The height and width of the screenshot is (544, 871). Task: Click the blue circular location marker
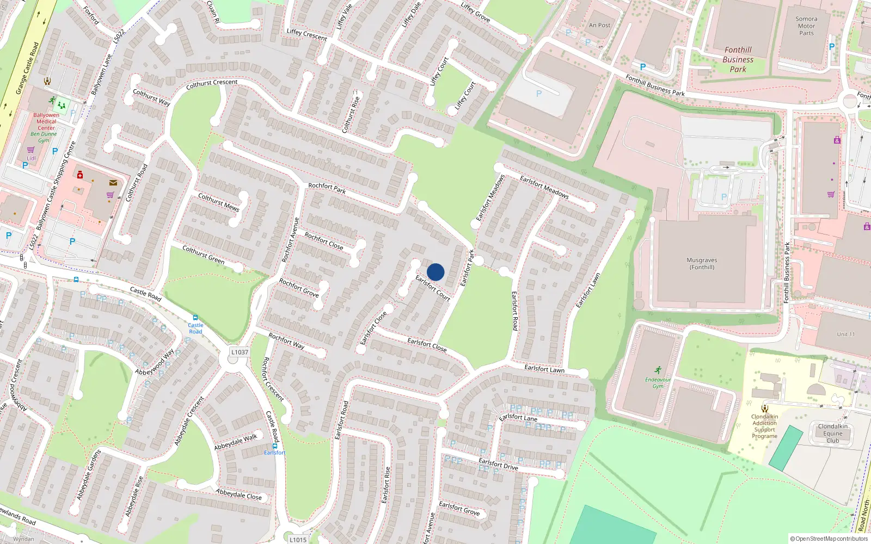pos(436,272)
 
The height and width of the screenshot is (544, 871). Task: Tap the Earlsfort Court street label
pos(433,288)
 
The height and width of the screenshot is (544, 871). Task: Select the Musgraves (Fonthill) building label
pos(702,264)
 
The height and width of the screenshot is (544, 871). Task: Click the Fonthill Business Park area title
pos(738,59)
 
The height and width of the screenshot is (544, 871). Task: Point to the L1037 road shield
pos(240,352)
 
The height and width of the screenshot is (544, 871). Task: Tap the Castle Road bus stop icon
pos(195,318)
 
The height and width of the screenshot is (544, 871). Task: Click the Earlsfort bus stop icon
pos(275,446)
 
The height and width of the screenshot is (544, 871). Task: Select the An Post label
pos(599,25)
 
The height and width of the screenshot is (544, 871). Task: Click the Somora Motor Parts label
pos(806,26)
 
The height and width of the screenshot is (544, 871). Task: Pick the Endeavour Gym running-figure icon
pos(658,370)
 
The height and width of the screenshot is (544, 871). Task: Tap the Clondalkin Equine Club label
pos(832,434)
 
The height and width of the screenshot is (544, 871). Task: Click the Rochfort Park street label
pos(327,188)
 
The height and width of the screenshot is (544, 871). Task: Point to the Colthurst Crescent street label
pos(212,84)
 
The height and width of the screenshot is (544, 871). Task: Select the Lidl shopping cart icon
pos(31,150)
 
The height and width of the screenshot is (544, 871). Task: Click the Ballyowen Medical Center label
pos(46,121)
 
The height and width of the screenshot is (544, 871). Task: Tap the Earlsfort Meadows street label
pos(544,187)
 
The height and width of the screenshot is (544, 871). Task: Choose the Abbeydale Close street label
pos(238,494)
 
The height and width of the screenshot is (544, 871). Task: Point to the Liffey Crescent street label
pos(307,35)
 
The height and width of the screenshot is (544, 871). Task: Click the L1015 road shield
pos(298,540)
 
